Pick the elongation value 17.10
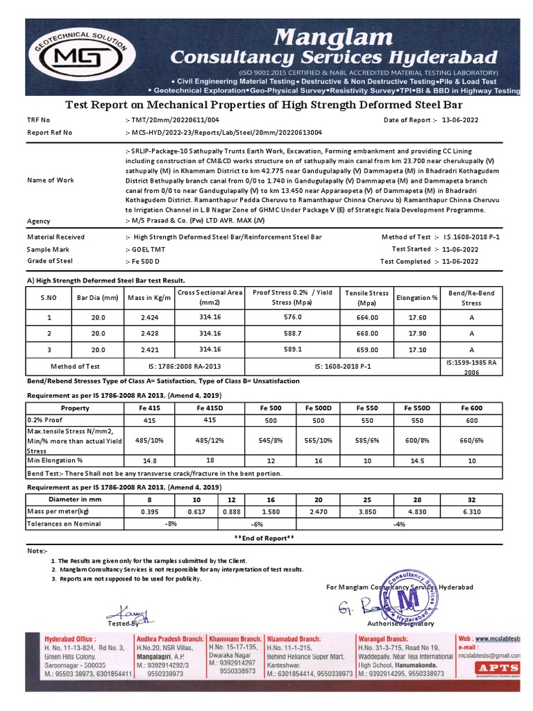coord(416,349)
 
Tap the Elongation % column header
coord(416,297)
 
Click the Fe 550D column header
coord(416,408)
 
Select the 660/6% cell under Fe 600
coord(472,440)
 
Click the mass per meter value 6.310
coord(472,512)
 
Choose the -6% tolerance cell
coord(257,524)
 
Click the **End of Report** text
coord(264,538)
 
